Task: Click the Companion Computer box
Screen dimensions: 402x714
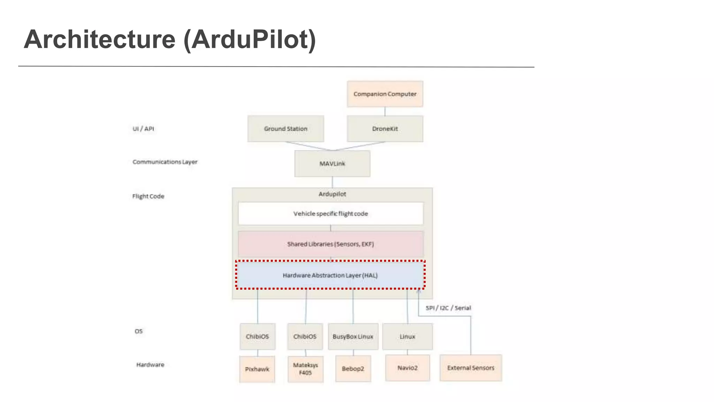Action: (385, 94)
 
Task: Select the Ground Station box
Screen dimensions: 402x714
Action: (286, 129)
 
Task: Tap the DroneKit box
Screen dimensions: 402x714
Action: (385, 129)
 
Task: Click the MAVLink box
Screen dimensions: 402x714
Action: (332, 164)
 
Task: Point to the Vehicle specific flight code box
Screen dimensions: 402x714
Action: (331, 214)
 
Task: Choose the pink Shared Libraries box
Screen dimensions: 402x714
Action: (331, 244)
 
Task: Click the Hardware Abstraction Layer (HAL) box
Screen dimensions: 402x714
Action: (330, 275)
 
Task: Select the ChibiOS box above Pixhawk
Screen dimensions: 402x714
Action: (257, 336)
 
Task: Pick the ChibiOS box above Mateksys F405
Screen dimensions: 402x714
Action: (305, 336)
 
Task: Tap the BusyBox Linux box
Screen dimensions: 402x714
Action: (353, 336)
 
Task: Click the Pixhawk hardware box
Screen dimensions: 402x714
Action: (257, 369)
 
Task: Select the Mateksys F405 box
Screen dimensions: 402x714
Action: (305, 369)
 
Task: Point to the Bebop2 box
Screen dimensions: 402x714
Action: (353, 368)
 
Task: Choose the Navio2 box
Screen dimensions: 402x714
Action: (407, 368)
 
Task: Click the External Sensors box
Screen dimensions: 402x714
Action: (471, 368)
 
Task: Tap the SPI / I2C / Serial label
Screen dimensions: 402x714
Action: (448, 308)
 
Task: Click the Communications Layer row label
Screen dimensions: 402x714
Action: (165, 162)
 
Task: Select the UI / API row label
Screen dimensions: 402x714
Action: (143, 129)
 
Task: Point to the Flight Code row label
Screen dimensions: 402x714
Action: (148, 196)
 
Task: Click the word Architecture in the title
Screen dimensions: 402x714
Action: (100, 39)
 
